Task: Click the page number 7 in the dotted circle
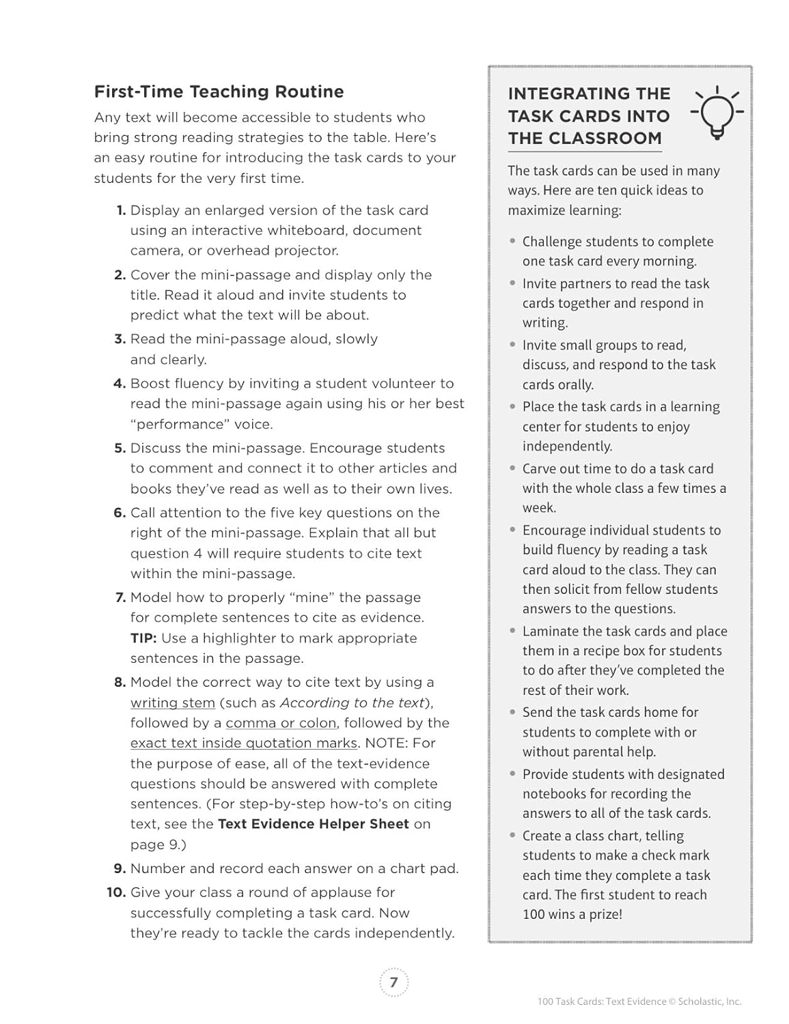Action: coord(393,982)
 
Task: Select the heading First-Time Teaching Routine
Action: coord(219,91)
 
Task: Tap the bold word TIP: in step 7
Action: coord(143,638)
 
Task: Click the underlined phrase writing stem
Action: coord(173,703)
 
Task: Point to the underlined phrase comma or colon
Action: coord(281,723)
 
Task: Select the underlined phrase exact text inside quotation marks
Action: coord(244,743)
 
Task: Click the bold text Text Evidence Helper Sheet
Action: coord(313,824)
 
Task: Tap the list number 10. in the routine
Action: coord(116,893)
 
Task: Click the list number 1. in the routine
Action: coord(121,210)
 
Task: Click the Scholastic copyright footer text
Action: coord(639,1001)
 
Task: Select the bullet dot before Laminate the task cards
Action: coord(512,631)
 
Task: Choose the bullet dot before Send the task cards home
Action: coord(512,712)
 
